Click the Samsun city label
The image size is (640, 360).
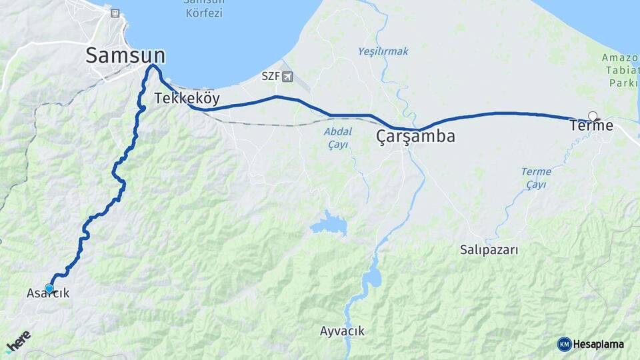point(125,55)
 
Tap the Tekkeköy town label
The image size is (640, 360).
point(187,98)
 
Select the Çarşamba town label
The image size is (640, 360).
point(415,137)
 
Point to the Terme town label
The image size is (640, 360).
point(591,125)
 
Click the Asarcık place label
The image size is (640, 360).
point(48,293)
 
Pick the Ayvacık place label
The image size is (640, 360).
point(342,331)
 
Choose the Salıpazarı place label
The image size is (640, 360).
point(489,250)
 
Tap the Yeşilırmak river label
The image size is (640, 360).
point(383,51)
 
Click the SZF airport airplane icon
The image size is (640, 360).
point(287,76)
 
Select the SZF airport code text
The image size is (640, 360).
point(270,76)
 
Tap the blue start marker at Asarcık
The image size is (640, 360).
point(49,288)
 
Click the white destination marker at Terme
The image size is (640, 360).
point(592,115)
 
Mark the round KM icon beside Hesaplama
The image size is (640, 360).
point(564,344)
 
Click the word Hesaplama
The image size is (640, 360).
point(599,344)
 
